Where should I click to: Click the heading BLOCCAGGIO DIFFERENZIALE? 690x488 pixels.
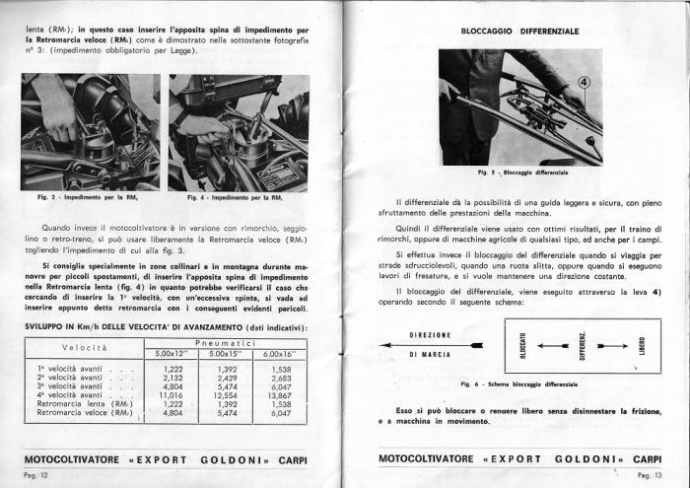pos(520,33)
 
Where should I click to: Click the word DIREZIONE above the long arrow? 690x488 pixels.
pos(431,335)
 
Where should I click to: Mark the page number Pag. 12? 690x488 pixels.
pos(35,475)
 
